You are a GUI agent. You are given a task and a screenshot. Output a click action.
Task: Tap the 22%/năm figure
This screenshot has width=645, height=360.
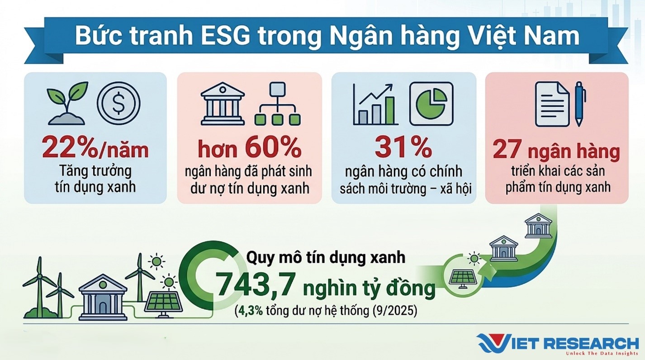point(95,149)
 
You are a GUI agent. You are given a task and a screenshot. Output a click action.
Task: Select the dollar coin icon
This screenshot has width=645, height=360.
point(119,103)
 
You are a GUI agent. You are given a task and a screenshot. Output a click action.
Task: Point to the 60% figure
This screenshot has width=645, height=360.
point(273,147)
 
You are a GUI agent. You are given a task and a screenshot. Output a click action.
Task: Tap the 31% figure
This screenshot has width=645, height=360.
point(403,147)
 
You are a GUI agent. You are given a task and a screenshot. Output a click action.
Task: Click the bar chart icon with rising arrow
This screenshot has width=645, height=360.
point(375,104)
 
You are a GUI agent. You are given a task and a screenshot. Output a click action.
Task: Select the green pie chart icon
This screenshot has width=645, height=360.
point(432,104)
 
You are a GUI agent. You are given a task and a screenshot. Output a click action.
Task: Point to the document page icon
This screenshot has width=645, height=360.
point(552,104)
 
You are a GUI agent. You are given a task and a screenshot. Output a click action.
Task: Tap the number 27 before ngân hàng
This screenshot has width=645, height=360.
point(507,149)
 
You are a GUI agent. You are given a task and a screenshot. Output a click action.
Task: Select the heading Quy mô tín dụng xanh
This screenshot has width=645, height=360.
point(326,257)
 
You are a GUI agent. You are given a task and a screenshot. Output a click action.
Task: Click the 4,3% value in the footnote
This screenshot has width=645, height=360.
point(250,311)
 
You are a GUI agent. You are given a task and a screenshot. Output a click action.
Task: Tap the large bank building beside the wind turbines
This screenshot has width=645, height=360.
point(103,297)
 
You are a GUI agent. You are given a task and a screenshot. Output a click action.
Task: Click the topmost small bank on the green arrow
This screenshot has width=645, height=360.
point(538,226)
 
